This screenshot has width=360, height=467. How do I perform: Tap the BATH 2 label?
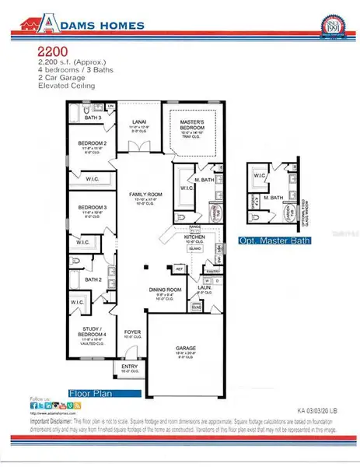[x=93, y=279]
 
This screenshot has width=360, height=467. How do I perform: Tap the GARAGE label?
[x=184, y=347]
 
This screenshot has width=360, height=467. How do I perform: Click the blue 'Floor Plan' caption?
[x=104, y=393]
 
